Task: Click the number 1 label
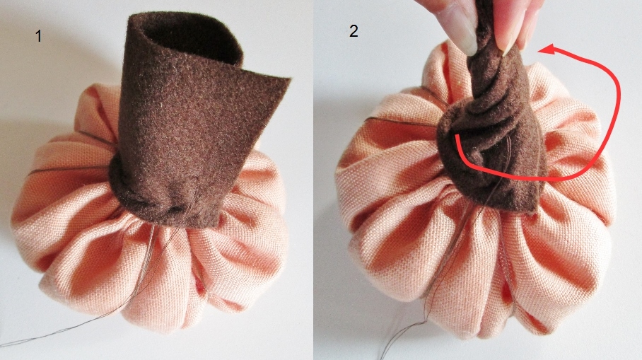[38, 36]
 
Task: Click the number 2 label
[354, 31]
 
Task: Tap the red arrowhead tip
[538, 51]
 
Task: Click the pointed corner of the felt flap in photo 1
[290, 78]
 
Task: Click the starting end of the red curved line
[457, 137]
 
